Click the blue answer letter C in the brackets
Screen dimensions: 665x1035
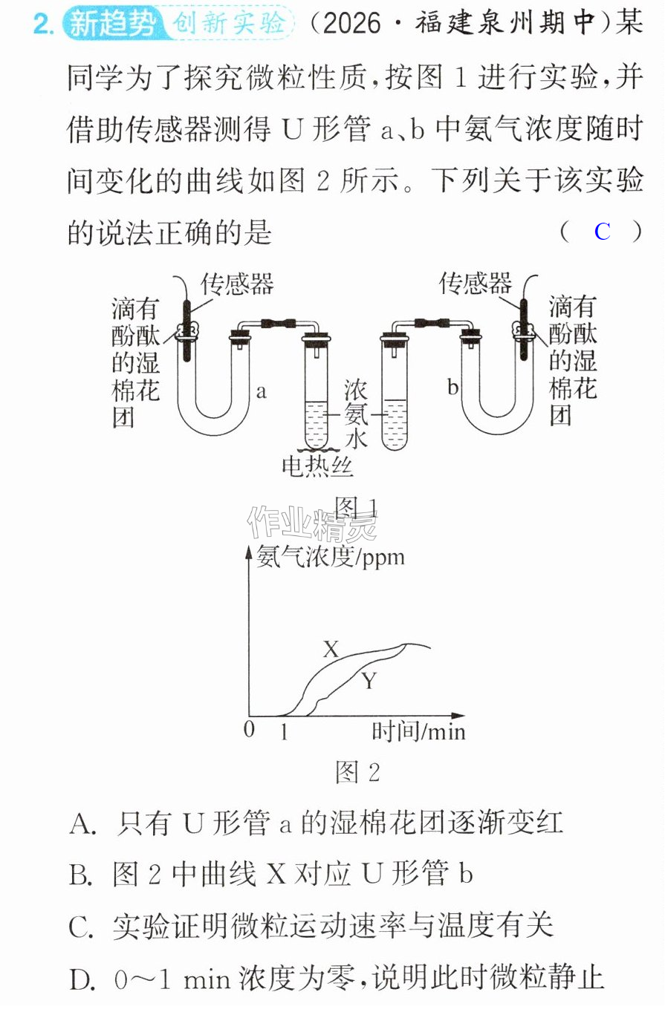click(602, 232)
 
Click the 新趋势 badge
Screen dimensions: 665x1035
click(113, 23)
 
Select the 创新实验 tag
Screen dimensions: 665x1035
click(229, 22)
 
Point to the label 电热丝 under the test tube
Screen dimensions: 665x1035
click(317, 466)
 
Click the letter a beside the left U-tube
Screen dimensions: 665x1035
click(262, 392)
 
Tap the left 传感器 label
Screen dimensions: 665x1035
click(237, 284)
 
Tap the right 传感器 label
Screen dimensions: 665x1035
click(476, 283)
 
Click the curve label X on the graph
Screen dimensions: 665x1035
click(331, 649)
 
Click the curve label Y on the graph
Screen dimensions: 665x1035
click(369, 681)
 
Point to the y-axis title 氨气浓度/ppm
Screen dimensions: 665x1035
click(331, 557)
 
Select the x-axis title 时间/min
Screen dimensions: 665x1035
click(418, 732)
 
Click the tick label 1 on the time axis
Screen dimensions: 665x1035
click(284, 731)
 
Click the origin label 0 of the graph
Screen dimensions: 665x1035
click(249, 730)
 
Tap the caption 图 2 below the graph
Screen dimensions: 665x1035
click(357, 772)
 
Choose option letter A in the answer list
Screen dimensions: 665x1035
click(82, 824)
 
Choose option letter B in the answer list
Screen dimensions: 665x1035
click(81, 875)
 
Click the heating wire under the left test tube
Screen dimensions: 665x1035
click(317, 448)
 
